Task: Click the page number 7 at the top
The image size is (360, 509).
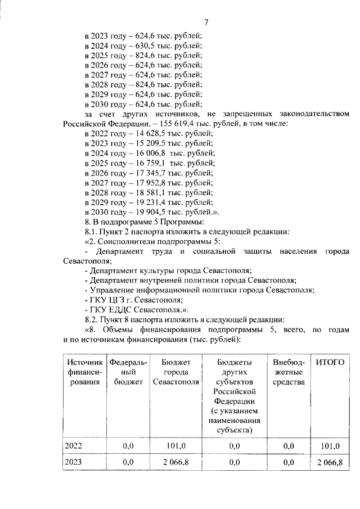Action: click(206, 22)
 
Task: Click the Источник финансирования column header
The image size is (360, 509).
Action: click(84, 372)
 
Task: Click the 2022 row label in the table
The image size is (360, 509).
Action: click(74, 446)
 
